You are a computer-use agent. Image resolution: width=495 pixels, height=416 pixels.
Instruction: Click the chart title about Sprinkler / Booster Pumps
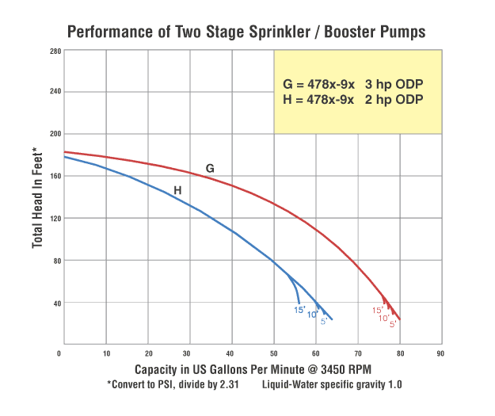tap(246, 32)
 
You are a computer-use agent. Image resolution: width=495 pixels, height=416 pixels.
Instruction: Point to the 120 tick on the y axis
tap(53, 218)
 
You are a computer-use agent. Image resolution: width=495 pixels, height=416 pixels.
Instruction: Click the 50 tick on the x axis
tap(274, 353)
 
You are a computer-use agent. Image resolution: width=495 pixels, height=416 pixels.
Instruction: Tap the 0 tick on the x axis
tap(60, 353)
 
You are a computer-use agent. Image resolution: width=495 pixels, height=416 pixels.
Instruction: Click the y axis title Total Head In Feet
tap(36, 197)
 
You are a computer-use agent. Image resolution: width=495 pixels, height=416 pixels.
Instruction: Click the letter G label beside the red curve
tap(210, 169)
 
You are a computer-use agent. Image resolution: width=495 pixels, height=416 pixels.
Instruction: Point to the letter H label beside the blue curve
tap(177, 190)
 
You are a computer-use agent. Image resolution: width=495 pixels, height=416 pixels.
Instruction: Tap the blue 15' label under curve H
tap(299, 310)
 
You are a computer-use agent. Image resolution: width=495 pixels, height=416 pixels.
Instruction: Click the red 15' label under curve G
tap(378, 310)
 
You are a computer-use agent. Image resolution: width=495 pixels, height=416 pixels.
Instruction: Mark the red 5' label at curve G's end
tap(392, 323)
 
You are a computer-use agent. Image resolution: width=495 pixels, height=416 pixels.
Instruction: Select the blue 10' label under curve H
tap(313, 315)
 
